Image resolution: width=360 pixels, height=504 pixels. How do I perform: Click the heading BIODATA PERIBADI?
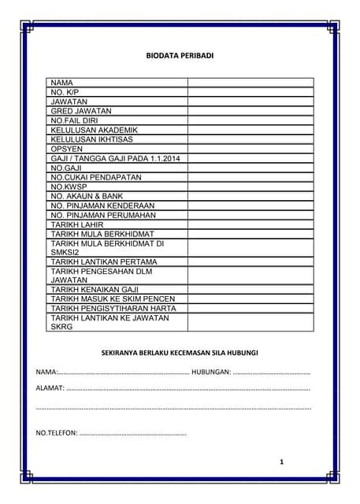(180, 56)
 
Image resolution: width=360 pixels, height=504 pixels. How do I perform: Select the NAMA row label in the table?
(62, 83)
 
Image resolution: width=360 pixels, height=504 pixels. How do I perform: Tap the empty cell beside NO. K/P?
(251, 92)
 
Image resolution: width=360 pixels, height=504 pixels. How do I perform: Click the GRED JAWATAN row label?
(81, 111)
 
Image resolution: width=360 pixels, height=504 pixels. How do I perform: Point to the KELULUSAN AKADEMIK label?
(94, 130)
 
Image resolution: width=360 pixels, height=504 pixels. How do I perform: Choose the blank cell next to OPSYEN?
(251, 149)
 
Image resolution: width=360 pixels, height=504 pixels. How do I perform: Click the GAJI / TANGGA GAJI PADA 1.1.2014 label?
(115, 159)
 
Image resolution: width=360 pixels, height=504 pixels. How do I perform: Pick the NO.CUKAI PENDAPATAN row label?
(96, 178)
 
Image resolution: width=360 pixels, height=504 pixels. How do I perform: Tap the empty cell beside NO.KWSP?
(251, 187)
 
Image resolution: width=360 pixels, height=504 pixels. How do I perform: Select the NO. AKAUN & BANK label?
(88, 197)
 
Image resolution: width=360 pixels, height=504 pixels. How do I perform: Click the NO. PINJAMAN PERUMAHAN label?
(103, 215)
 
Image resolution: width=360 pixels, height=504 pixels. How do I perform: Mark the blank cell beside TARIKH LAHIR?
(251, 224)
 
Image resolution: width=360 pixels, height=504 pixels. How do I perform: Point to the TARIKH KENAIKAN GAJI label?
(95, 290)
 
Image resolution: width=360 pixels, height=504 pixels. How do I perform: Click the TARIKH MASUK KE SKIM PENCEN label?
(113, 299)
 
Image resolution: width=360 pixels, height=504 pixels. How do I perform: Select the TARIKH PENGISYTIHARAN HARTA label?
(113, 309)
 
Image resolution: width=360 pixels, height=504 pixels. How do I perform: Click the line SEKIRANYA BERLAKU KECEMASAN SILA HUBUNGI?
(180, 351)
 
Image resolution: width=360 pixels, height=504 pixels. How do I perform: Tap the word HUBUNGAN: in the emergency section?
(210, 371)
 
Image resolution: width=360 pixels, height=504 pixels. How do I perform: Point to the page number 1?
(281, 461)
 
